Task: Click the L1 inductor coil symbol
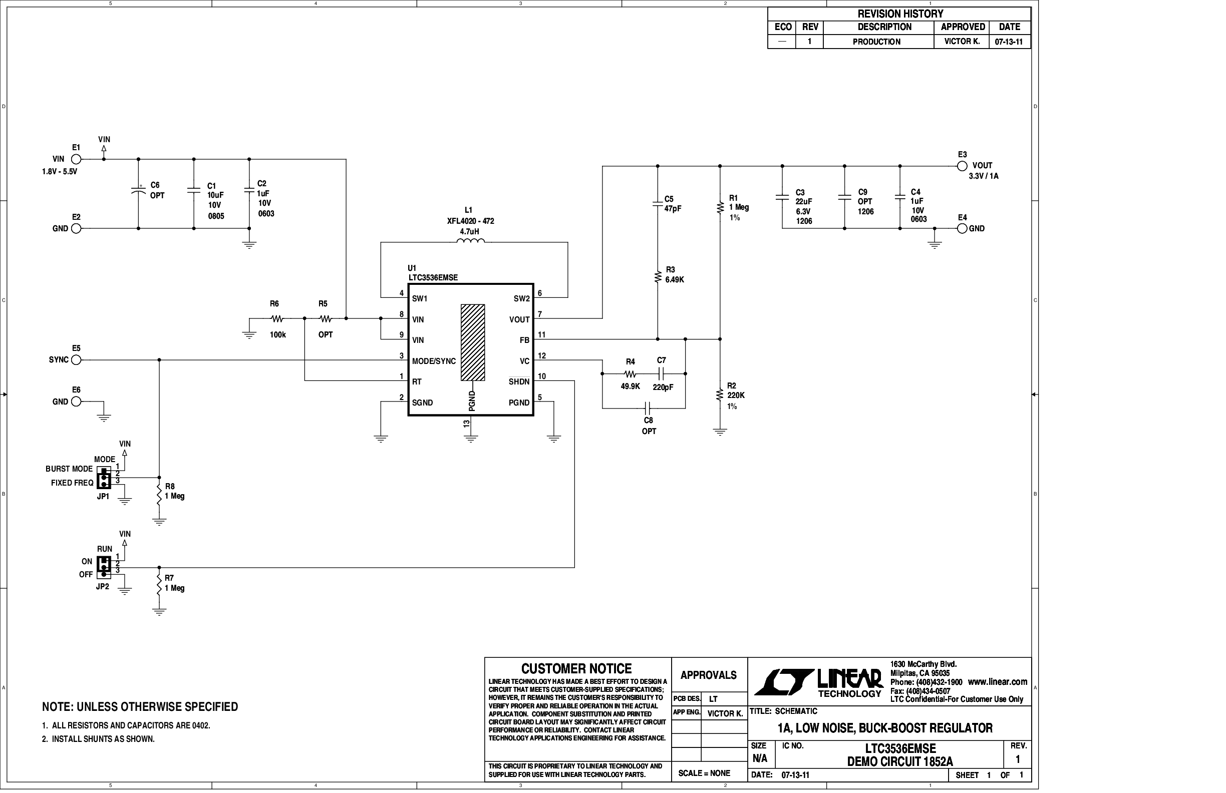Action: click(470, 241)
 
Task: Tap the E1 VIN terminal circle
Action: click(76, 159)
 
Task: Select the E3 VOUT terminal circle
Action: click(962, 166)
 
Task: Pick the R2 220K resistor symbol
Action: click(720, 395)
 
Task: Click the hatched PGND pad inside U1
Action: click(472, 342)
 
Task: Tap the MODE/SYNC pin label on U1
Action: click(434, 361)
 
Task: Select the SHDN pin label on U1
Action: click(519, 381)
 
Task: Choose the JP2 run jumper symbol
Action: click(104, 567)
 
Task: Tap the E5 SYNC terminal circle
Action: click(76, 360)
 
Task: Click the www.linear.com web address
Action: click(997, 682)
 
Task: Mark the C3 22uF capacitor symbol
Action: click(782, 197)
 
